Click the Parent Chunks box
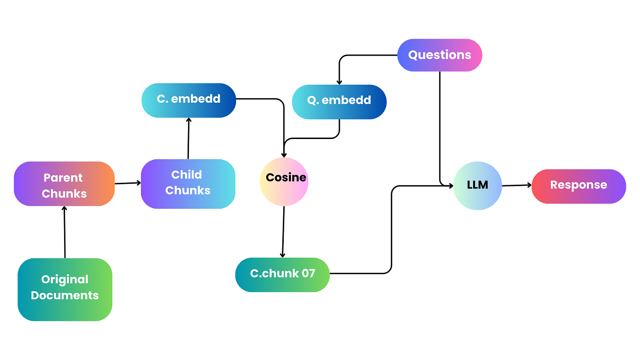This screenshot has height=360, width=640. [64, 184]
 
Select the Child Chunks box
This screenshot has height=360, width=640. [188, 184]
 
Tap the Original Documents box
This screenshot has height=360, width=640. [65, 289]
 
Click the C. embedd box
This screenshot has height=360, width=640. [189, 100]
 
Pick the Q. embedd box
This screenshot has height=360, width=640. [339, 101]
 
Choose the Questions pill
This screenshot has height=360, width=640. [439, 55]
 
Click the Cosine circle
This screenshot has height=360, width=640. [284, 181]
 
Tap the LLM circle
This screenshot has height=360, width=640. [477, 185]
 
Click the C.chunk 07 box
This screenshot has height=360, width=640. [282, 274]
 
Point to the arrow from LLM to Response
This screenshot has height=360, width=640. [517, 185]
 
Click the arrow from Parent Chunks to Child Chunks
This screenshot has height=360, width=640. [128, 183]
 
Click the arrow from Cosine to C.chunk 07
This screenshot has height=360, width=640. [283, 231]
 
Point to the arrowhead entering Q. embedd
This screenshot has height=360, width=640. [339, 82]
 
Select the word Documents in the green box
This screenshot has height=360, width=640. [65, 295]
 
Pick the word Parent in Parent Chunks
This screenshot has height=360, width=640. [63, 178]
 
